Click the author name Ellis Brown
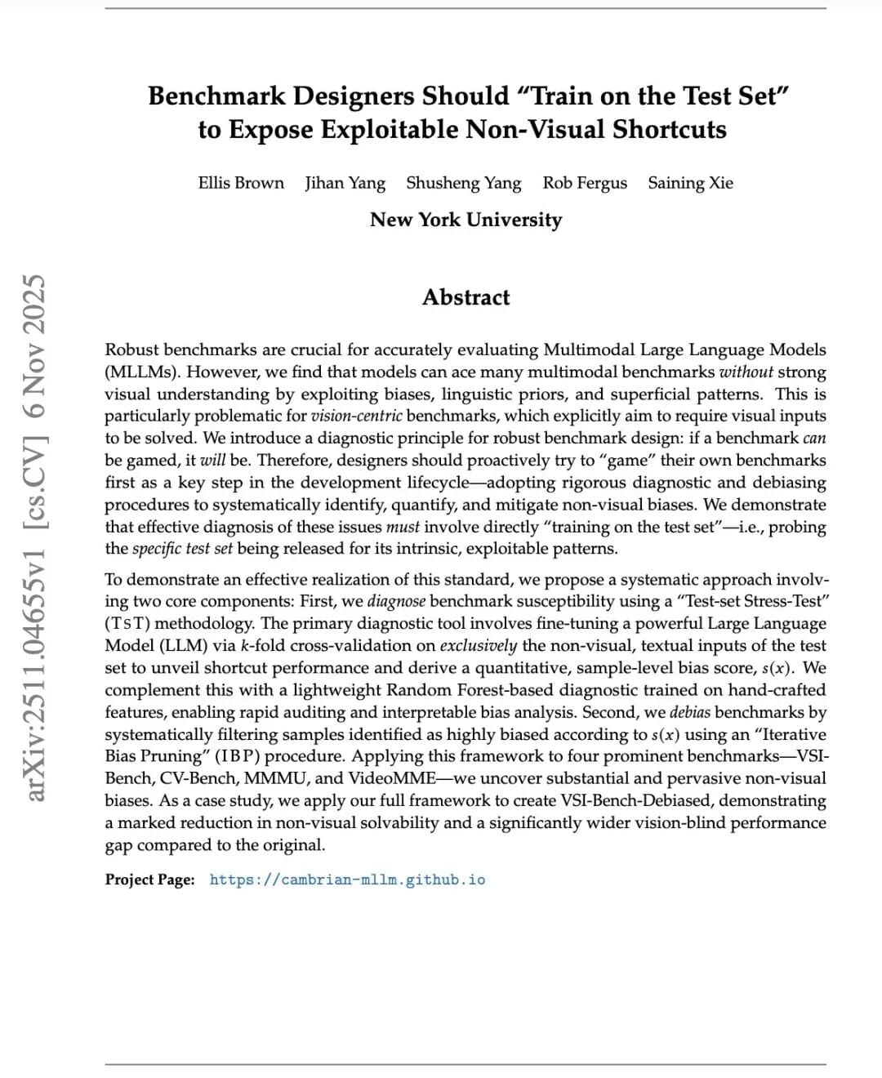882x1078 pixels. coord(241,183)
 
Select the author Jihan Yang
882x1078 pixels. coord(345,183)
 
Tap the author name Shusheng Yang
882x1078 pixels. coord(464,183)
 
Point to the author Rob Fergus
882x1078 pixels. coord(585,183)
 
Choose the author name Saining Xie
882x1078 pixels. coord(691,183)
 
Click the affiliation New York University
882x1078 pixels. coord(465,220)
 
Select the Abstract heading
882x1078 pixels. coord(465,297)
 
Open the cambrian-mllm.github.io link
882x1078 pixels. coord(347,880)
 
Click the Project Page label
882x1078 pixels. coord(150,880)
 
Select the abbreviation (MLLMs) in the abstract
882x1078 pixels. coord(138,372)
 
